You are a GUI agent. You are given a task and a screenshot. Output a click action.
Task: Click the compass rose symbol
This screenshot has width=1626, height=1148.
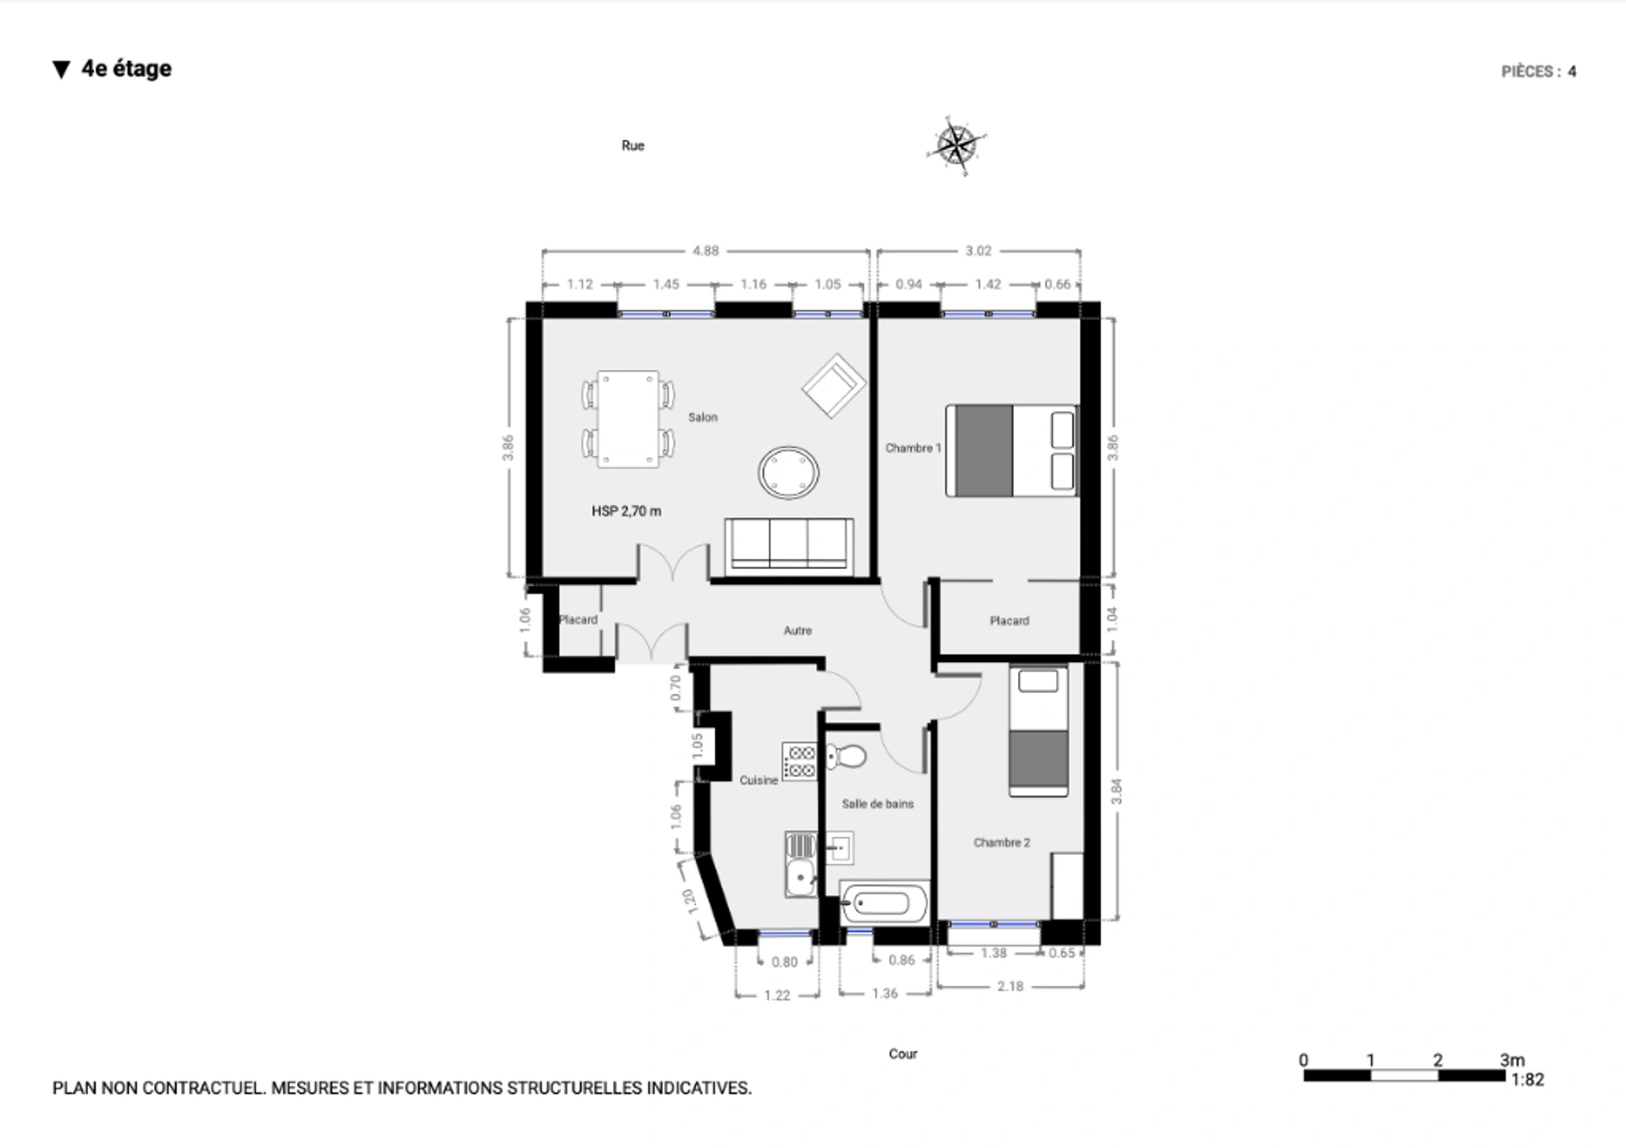[x=957, y=146]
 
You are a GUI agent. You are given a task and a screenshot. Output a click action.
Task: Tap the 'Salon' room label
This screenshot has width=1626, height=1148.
[x=703, y=417]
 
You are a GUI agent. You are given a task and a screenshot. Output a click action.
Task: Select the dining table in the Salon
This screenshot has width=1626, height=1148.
[x=628, y=419]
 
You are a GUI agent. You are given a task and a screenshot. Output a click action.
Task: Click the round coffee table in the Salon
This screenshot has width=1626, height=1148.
[x=788, y=472]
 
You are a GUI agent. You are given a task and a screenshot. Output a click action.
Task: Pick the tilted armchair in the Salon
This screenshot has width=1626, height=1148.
[x=834, y=385]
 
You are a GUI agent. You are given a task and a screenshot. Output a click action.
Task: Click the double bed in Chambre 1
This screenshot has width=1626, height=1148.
[x=1012, y=450]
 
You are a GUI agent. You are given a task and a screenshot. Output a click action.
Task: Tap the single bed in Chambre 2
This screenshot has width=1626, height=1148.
[x=1038, y=731]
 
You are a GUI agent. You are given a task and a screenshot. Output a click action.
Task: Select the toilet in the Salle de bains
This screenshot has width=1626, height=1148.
[x=846, y=756]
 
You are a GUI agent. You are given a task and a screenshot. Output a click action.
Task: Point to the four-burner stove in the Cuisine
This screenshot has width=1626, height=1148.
[x=799, y=761]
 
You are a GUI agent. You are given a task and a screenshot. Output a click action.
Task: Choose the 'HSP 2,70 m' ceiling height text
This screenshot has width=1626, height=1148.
[x=627, y=511]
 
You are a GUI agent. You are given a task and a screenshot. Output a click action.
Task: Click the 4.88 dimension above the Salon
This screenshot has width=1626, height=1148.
[x=705, y=251]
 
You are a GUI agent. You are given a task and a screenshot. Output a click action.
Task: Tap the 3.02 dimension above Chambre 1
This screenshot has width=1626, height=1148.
[x=978, y=251]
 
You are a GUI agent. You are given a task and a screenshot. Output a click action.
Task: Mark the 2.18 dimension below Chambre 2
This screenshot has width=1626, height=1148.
[x=1010, y=986]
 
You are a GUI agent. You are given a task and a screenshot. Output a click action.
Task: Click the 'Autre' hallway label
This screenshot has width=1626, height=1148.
[x=798, y=631]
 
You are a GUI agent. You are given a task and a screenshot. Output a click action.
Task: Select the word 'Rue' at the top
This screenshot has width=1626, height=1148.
[x=633, y=146]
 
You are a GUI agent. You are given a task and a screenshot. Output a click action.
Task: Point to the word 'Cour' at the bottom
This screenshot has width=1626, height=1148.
[x=903, y=1054]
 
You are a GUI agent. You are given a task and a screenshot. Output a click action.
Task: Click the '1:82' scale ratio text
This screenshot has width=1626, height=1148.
[x=1528, y=1080]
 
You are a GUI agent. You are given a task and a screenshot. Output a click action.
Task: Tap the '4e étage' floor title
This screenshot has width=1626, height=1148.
[x=126, y=69]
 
